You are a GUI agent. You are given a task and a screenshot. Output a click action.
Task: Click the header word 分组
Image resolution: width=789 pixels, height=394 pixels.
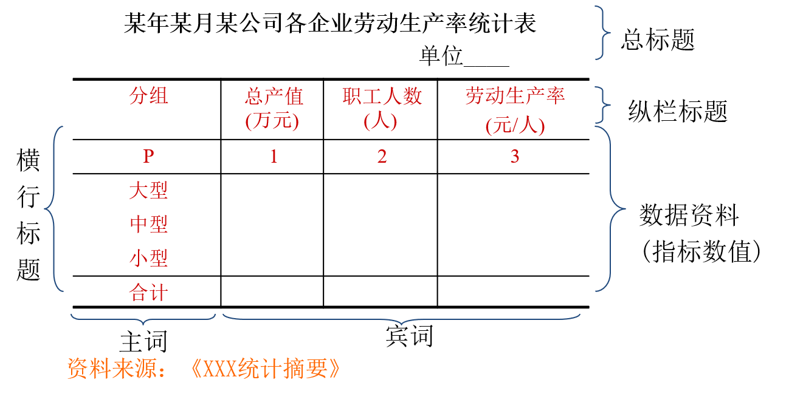click(x=148, y=96)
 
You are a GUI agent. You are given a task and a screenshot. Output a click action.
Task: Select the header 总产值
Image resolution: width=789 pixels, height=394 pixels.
click(x=274, y=97)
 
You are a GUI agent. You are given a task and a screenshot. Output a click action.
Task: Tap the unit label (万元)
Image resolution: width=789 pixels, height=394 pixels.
click(x=272, y=121)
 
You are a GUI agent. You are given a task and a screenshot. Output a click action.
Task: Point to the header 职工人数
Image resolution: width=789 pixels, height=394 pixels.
click(x=382, y=97)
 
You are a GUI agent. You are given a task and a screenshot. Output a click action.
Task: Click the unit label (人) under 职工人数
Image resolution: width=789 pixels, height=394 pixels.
click(x=381, y=121)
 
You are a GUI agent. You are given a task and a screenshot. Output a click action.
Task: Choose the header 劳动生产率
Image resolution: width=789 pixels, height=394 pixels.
click(x=515, y=96)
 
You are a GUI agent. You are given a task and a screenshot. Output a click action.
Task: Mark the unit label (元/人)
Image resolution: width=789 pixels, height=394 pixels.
click(x=515, y=126)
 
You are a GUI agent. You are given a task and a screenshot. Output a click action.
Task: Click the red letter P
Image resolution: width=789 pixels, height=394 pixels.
click(x=149, y=157)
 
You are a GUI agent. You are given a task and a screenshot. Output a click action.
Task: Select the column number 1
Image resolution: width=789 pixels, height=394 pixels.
click(x=274, y=157)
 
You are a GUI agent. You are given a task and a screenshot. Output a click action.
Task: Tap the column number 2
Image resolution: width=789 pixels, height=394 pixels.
click(x=382, y=157)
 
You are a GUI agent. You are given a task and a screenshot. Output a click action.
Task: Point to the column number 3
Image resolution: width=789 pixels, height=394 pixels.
click(x=515, y=157)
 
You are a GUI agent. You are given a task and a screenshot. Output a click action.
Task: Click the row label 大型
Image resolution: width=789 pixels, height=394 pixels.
click(x=148, y=191)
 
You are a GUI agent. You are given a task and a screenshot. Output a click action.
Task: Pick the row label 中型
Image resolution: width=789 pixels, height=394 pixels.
click(x=148, y=225)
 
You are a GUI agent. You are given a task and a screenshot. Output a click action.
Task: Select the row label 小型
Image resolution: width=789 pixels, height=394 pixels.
click(x=148, y=259)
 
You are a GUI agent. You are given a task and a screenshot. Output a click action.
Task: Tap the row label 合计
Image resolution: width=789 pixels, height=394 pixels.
click(x=148, y=294)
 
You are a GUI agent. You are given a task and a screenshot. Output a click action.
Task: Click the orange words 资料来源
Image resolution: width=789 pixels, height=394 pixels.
click(x=112, y=369)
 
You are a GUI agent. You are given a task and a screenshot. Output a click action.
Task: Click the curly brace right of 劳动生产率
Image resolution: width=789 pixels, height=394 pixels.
click(x=603, y=105)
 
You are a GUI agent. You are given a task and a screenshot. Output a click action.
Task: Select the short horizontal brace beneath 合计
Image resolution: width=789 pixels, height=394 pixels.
click(x=143, y=319)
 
